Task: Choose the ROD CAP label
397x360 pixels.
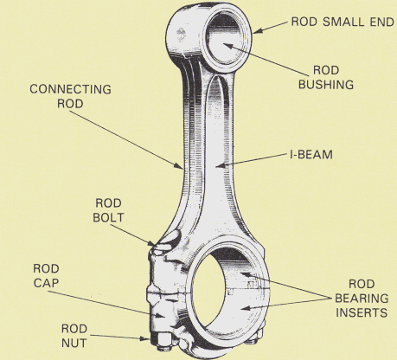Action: point(48,276)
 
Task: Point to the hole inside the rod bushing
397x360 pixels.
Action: point(221,44)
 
